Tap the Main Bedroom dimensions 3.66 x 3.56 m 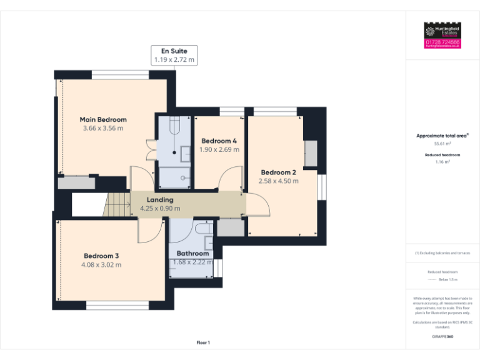[x=103, y=128]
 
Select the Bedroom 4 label [x=219, y=141]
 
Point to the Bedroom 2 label [x=278, y=172]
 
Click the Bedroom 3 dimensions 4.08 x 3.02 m [x=101, y=264]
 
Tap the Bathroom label [x=192, y=253]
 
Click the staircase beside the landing [x=116, y=204]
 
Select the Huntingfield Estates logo [x=442, y=31]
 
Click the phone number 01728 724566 [x=442, y=42]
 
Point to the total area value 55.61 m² [x=442, y=143]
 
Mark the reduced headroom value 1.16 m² [x=442, y=162]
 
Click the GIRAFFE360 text [x=442, y=337]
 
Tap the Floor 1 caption [x=203, y=342]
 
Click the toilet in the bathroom [x=204, y=229]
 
